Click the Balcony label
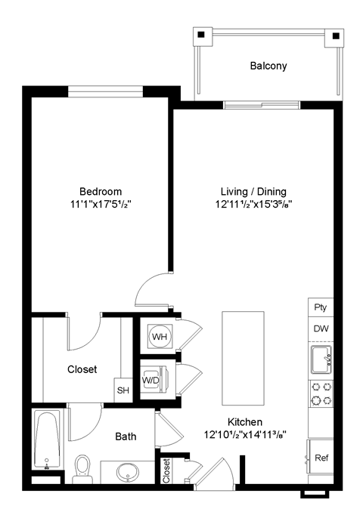pos(268,66)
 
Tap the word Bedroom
pos(101,191)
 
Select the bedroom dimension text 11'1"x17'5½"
pos(101,204)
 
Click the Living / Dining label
pos(253,191)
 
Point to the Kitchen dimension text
pos(244,434)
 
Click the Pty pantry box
pos(320,307)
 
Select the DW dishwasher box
pos(320,329)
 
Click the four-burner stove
pos(320,393)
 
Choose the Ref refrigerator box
pos(321,458)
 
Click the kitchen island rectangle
pos(242,358)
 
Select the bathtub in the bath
pos(46,441)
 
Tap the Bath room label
pos(126,436)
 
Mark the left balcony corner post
pos(201,35)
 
